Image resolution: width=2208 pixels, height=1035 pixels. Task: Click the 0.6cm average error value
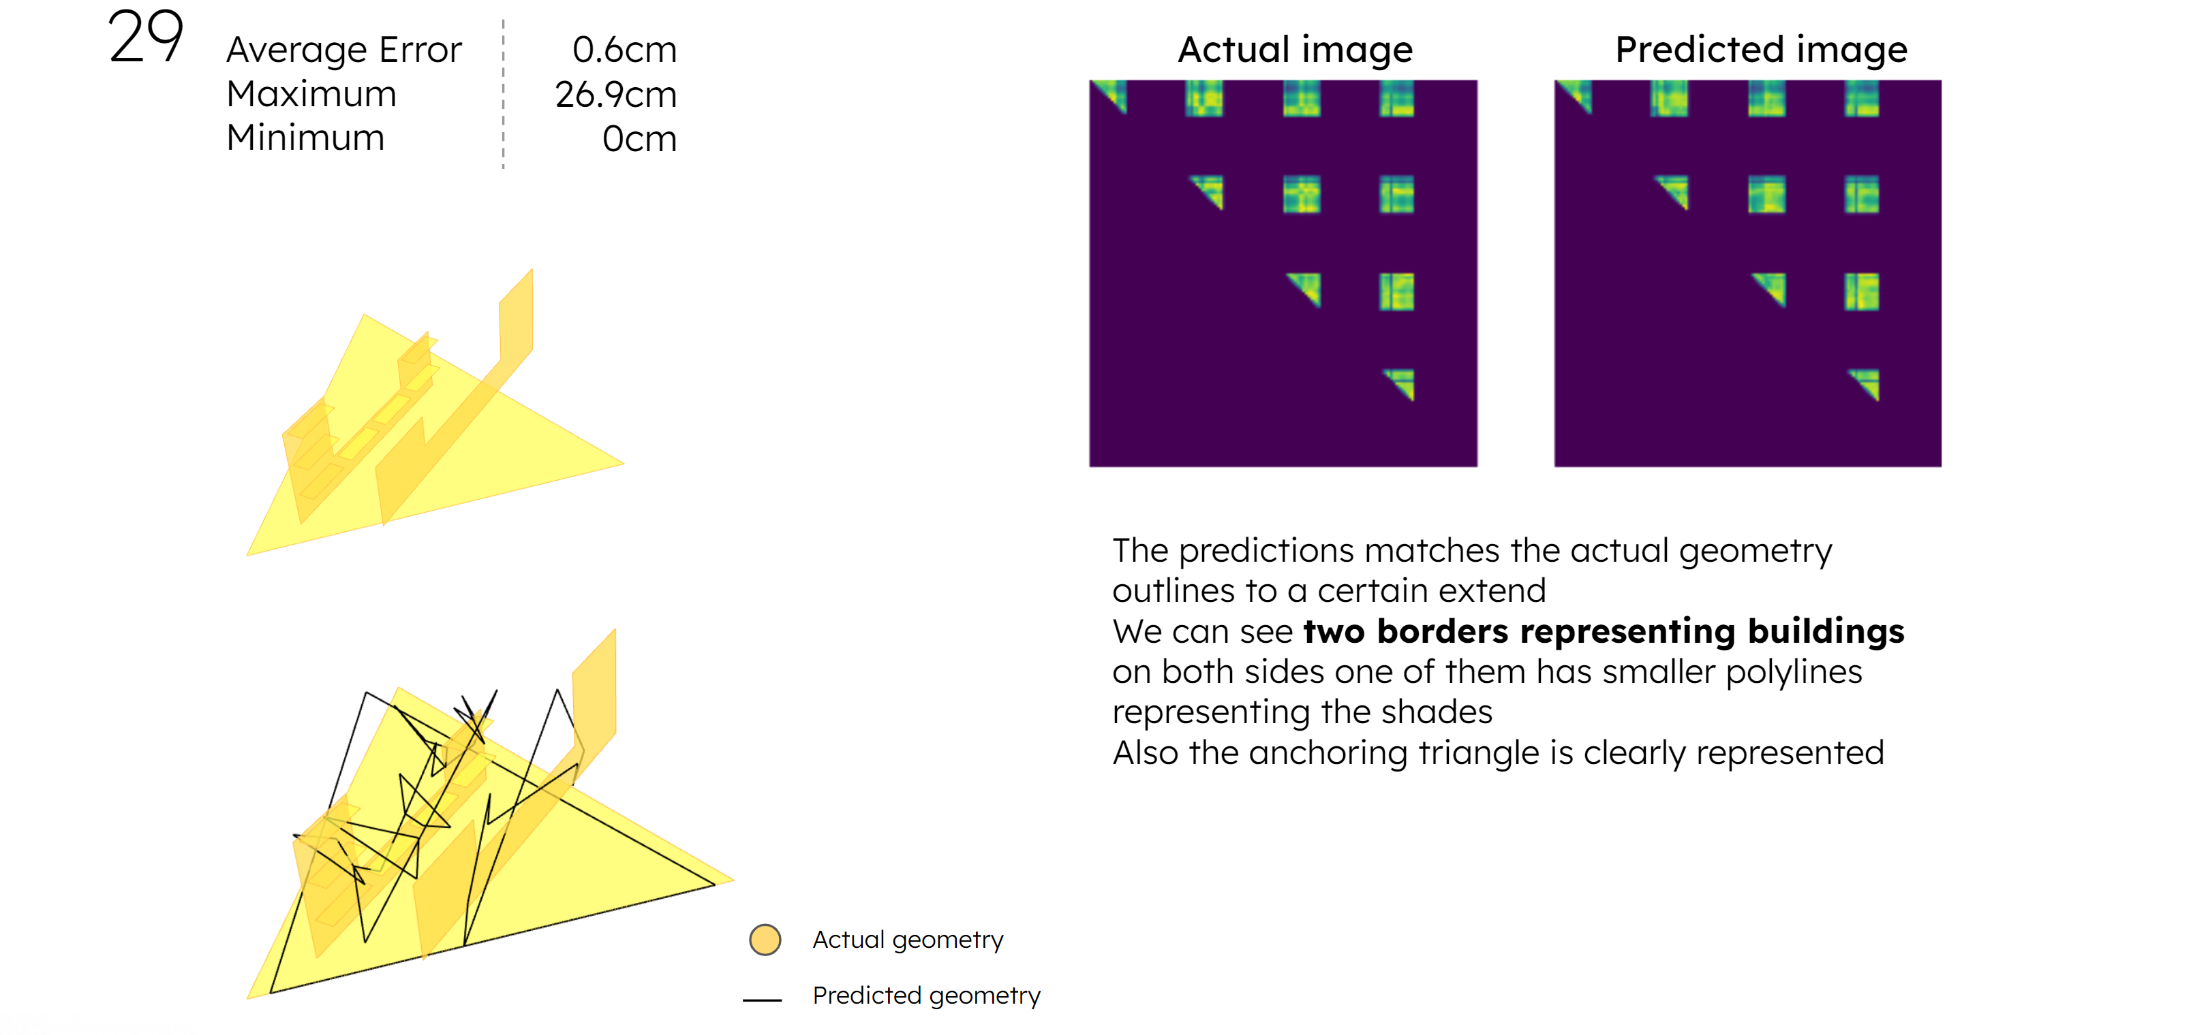click(x=624, y=50)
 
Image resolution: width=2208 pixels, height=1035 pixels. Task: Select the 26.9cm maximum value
click(x=615, y=94)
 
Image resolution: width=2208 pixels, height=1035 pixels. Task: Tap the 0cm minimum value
click(x=639, y=139)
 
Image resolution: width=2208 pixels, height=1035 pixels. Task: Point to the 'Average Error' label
click(x=343, y=50)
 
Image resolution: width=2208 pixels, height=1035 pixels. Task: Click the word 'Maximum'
click(x=311, y=94)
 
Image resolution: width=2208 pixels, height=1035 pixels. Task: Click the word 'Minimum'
click(x=305, y=138)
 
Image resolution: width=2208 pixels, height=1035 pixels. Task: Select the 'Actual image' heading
click(x=1295, y=50)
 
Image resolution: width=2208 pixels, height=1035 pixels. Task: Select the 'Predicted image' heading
click(x=1762, y=50)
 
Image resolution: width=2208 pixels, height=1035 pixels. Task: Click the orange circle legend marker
click(x=765, y=940)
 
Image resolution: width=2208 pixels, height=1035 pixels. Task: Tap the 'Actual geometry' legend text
click(x=908, y=940)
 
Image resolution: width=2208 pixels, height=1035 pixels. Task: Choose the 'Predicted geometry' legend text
click(x=927, y=996)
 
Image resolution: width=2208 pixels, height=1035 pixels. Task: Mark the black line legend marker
click(x=762, y=999)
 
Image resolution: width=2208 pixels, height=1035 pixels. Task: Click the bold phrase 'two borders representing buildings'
click(x=1604, y=631)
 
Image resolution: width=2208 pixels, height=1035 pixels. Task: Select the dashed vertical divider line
click(x=503, y=94)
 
